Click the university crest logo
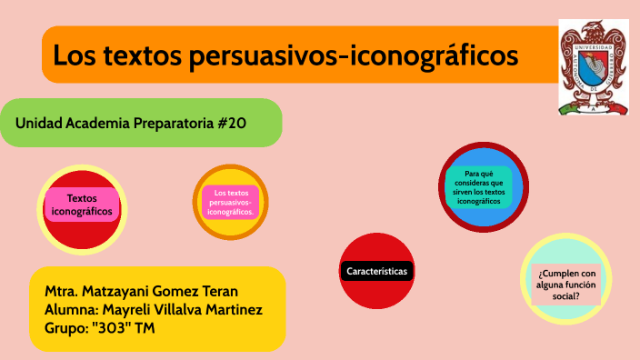pyautogui.click(x=593, y=67)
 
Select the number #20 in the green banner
pyautogui.click(x=232, y=123)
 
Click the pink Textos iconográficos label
pyautogui.click(x=82, y=205)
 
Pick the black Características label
pyautogui.click(x=377, y=271)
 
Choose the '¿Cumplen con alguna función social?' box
pyautogui.click(x=566, y=284)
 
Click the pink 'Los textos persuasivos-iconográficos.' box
pyautogui.click(x=230, y=202)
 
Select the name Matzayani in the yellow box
pyautogui.click(x=125, y=292)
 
